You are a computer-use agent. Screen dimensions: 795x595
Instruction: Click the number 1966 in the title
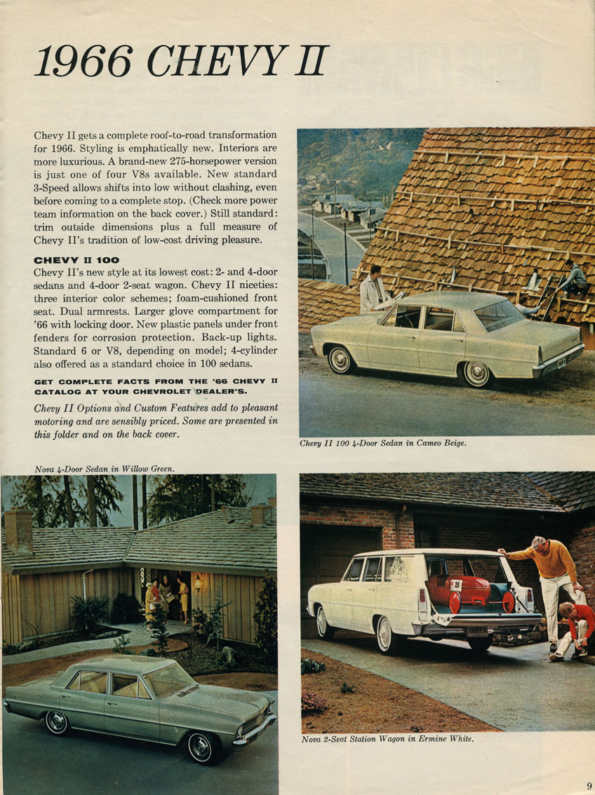(x=83, y=62)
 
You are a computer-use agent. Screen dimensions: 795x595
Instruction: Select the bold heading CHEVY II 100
(x=76, y=260)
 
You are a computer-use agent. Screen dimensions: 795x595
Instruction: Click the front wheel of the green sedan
(x=201, y=747)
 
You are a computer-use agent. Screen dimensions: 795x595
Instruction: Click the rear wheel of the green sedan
(x=56, y=722)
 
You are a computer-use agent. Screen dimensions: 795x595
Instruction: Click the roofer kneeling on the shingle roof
(x=573, y=278)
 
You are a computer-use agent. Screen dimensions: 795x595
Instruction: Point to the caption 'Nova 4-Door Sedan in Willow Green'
(x=104, y=468)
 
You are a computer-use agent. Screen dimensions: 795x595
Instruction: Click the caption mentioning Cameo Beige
(x=382, y=443)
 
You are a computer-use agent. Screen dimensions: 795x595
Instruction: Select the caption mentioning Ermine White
(x=387, y=739)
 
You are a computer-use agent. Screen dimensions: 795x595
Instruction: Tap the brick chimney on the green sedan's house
(x=18, y=530)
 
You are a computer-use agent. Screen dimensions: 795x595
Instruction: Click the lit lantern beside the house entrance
(x=198, y=582)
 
